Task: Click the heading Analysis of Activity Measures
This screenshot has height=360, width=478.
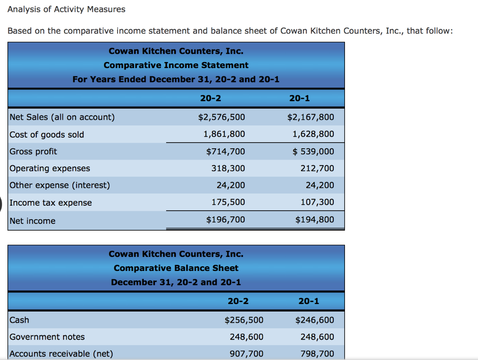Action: pos(67,9)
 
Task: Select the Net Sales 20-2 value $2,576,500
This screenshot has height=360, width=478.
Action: pos(221,117)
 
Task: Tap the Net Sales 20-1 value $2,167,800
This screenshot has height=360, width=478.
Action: pos(310,117)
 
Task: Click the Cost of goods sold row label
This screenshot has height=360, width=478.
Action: pos(47,135)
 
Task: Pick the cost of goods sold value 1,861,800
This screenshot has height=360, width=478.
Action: pos(224,134)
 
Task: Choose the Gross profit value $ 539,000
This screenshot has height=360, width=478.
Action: pos(313,152)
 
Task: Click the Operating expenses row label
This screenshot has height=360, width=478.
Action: pos(50,168)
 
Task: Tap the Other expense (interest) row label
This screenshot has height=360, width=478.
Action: pos(60,186)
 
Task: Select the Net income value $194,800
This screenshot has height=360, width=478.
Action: pos(315,220)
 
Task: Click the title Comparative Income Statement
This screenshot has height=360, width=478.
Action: pos(176,65)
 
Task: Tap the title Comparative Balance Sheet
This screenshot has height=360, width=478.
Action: pos(176,268)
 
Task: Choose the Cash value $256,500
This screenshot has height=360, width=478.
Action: pos(244,320)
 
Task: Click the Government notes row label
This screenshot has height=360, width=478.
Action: pos(47,337)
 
